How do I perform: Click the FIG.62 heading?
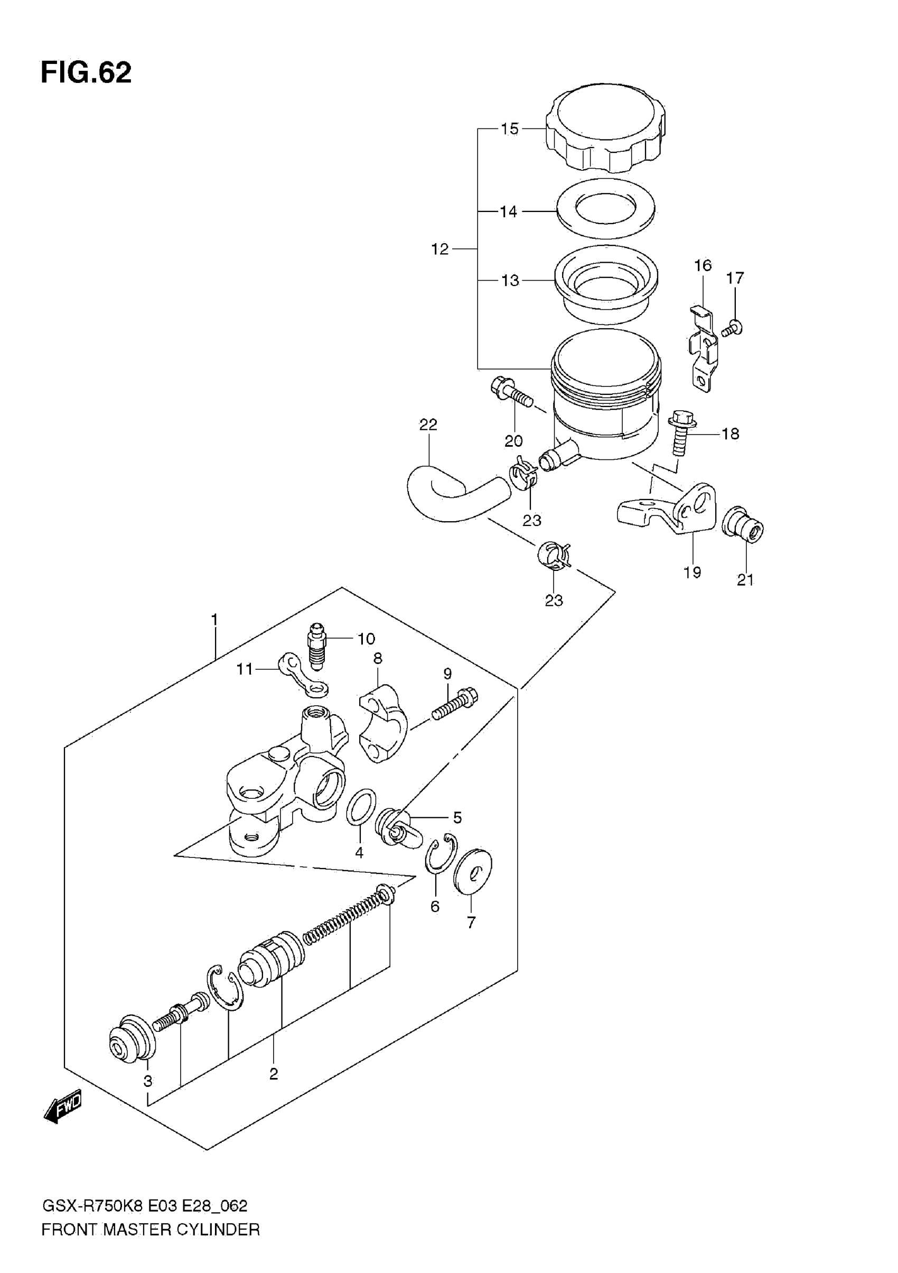(86, 72)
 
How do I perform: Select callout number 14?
(508, 211)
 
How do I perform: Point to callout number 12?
(439, 250)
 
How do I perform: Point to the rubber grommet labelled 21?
(743, 522)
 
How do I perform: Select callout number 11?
(244, 669)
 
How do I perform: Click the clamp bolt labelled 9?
(454, 704)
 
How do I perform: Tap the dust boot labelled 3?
(132, 1038)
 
